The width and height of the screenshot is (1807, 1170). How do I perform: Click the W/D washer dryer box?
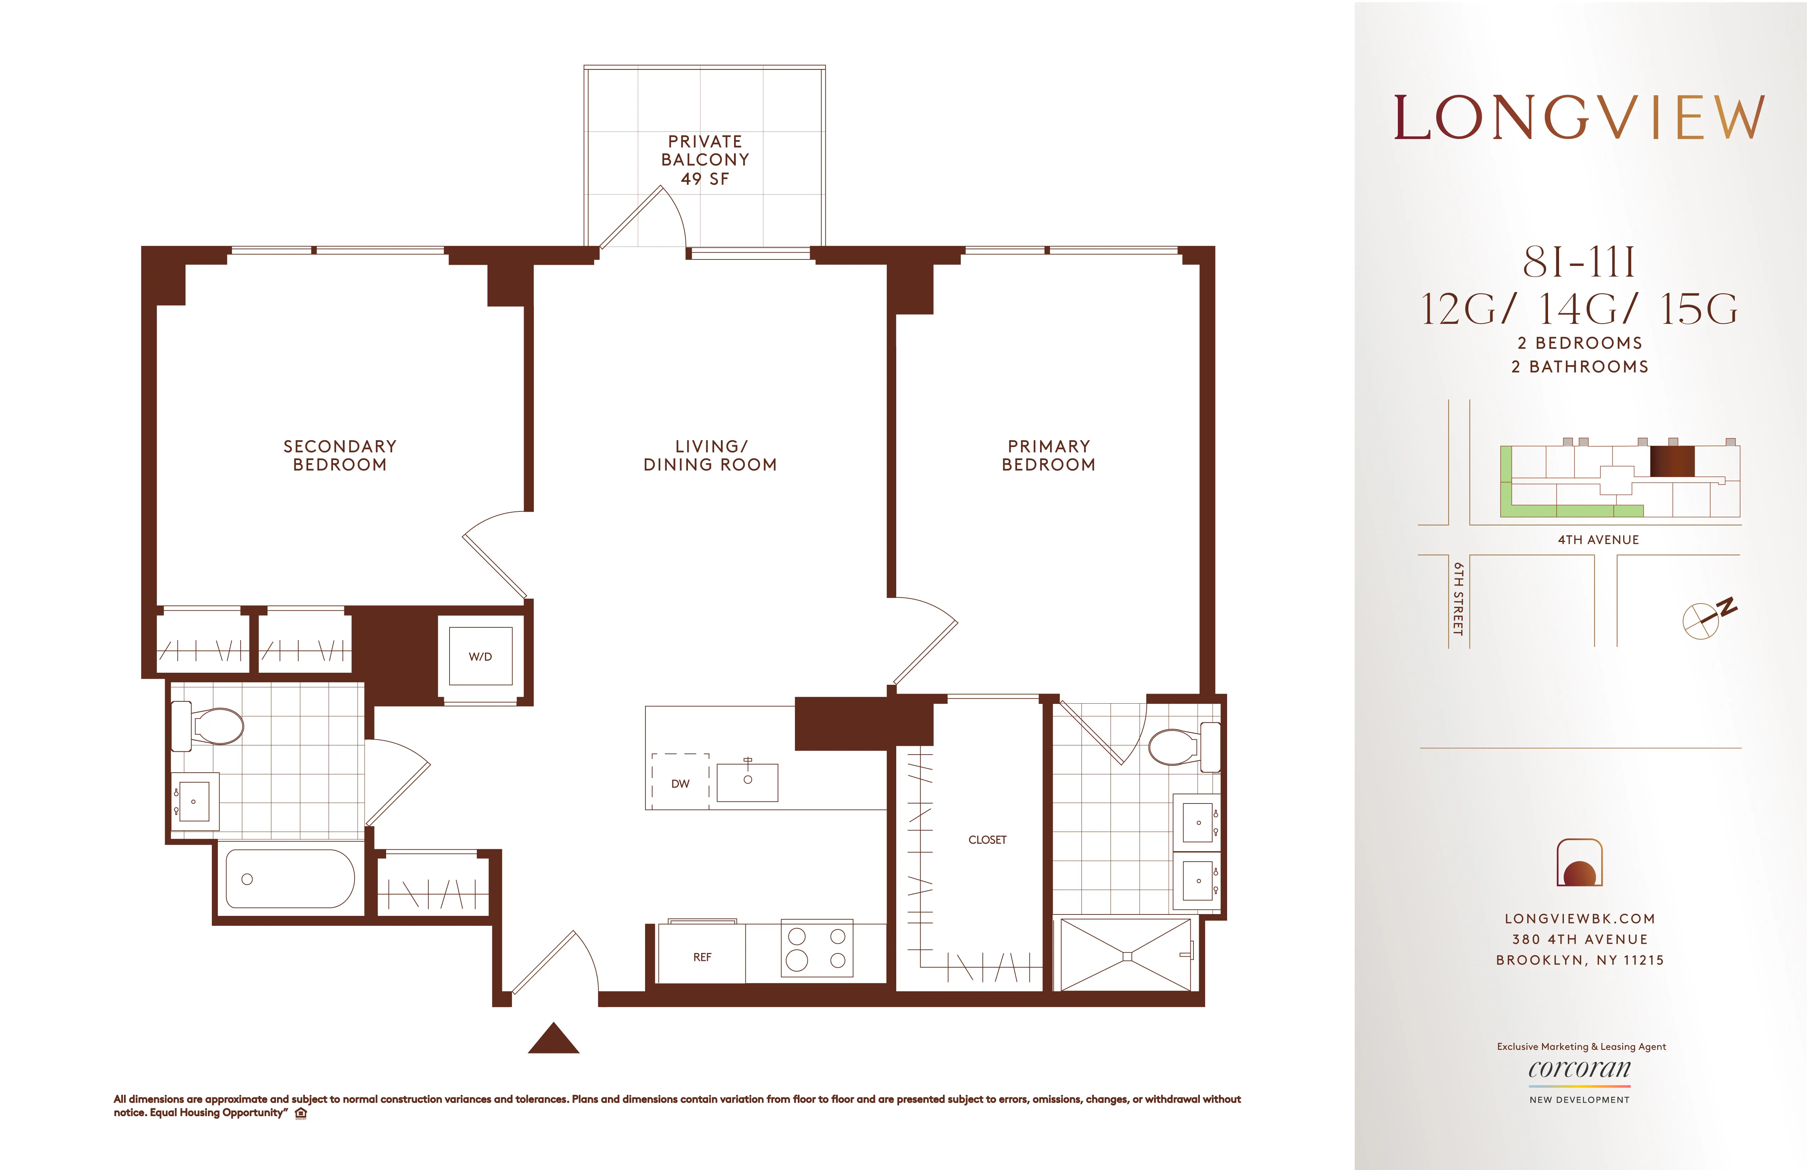pyautogui.click(x=480, y=656)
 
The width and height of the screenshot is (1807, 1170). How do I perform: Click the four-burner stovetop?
pyautogui.click(x=817, y=949)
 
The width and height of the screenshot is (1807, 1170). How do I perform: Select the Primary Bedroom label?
pyautogui.click(x=1049, y=455)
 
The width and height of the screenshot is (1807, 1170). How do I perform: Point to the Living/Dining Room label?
pyautogui.click(x=710, y=455)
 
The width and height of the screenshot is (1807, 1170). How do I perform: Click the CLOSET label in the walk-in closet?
pyautogui.click(x=987, y=840)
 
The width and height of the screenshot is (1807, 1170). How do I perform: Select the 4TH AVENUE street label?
pyautogui.click(x=1598, y=539)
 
